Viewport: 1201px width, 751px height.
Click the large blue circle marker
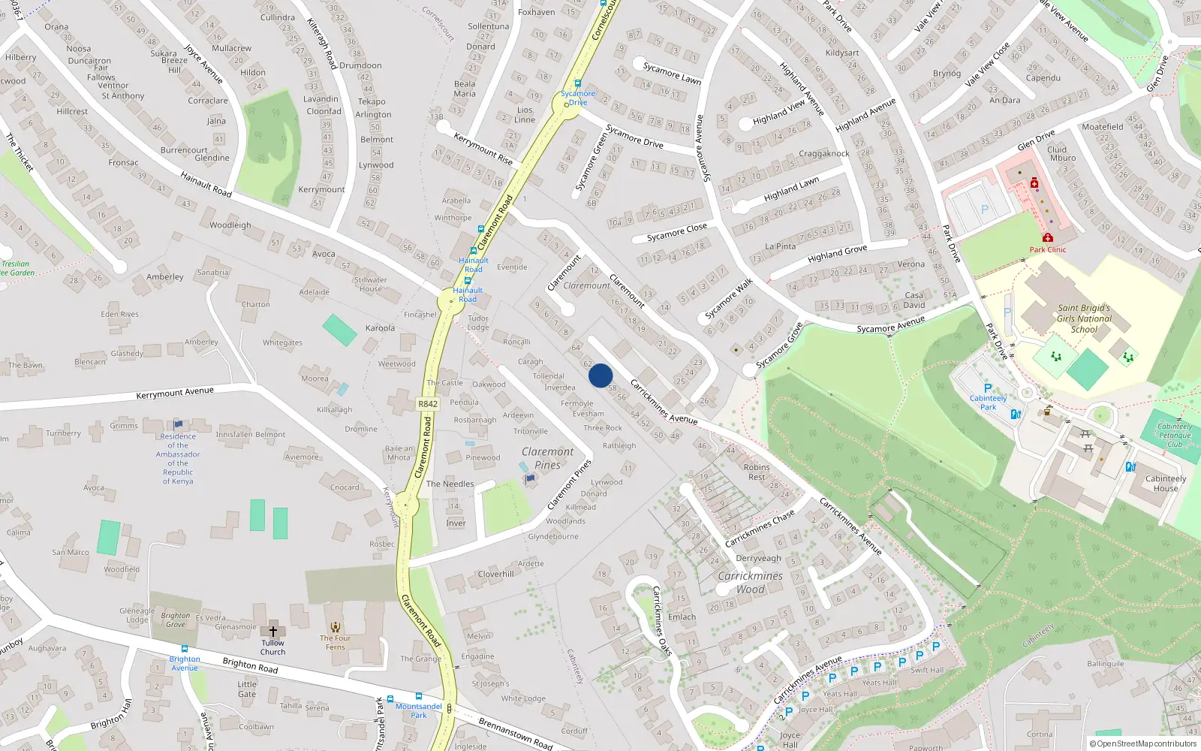tap(600, 375)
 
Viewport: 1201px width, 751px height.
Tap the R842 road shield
tap(427, 404)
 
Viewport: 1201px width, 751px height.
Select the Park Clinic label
tap(1047, 249)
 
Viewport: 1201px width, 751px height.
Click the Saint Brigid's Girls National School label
tap(1084, 318)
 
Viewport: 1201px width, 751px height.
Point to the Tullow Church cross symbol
tap(272, 631)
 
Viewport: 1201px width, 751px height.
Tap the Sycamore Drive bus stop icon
tap(577, 83)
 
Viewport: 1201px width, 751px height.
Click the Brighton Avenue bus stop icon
tap(184, 648)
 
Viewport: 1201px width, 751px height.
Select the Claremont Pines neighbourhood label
tap(548, 457)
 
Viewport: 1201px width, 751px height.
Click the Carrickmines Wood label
tap(750, 582)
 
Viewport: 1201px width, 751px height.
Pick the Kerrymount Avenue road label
tap(175, 393)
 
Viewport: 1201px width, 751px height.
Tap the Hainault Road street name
tap(206, 184)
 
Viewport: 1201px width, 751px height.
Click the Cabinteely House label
tap(1166, 483)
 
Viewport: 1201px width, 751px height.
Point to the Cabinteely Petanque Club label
tap(1175, 435)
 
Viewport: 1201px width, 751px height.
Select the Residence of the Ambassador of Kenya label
tap(178, 458)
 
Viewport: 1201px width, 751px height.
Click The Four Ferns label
tap(335, 642)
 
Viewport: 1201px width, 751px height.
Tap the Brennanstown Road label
tap(515, 732)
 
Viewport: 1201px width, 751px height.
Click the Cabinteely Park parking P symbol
tap(988, 388)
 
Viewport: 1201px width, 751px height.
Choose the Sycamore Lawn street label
tap(672, 73)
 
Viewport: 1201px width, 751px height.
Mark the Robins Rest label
tap(757, 472)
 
